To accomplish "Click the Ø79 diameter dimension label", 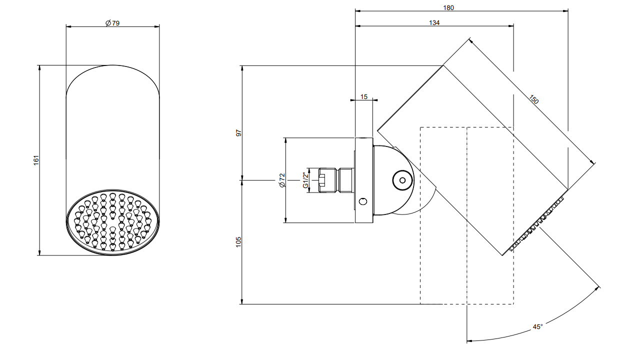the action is [x=112, y=23].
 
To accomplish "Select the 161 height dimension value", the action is [x=36, y=160].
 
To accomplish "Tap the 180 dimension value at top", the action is [x=448, y=7].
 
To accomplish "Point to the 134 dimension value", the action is [x=434, y=22].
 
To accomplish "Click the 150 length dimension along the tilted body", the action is [x=533, y=99].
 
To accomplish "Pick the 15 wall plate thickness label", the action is [x=363, y=97].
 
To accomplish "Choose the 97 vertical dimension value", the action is [x=238, y=133].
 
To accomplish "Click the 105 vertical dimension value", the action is [x=238, y=242].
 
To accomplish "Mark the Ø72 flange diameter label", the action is [x=282, y=180].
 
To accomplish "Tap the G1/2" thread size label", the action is [x=305, y=180].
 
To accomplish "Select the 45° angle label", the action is [x=537, y=327].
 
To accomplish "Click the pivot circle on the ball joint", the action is [x=402, y=180].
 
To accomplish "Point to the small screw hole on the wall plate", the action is [x=363, y=201].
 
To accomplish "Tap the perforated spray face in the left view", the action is [x=112, y=222].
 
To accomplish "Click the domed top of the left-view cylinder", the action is [x=112, y=65].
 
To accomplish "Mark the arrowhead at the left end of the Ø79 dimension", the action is [x=68, y=27].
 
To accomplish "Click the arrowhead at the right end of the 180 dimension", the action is [x=565, y=11].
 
